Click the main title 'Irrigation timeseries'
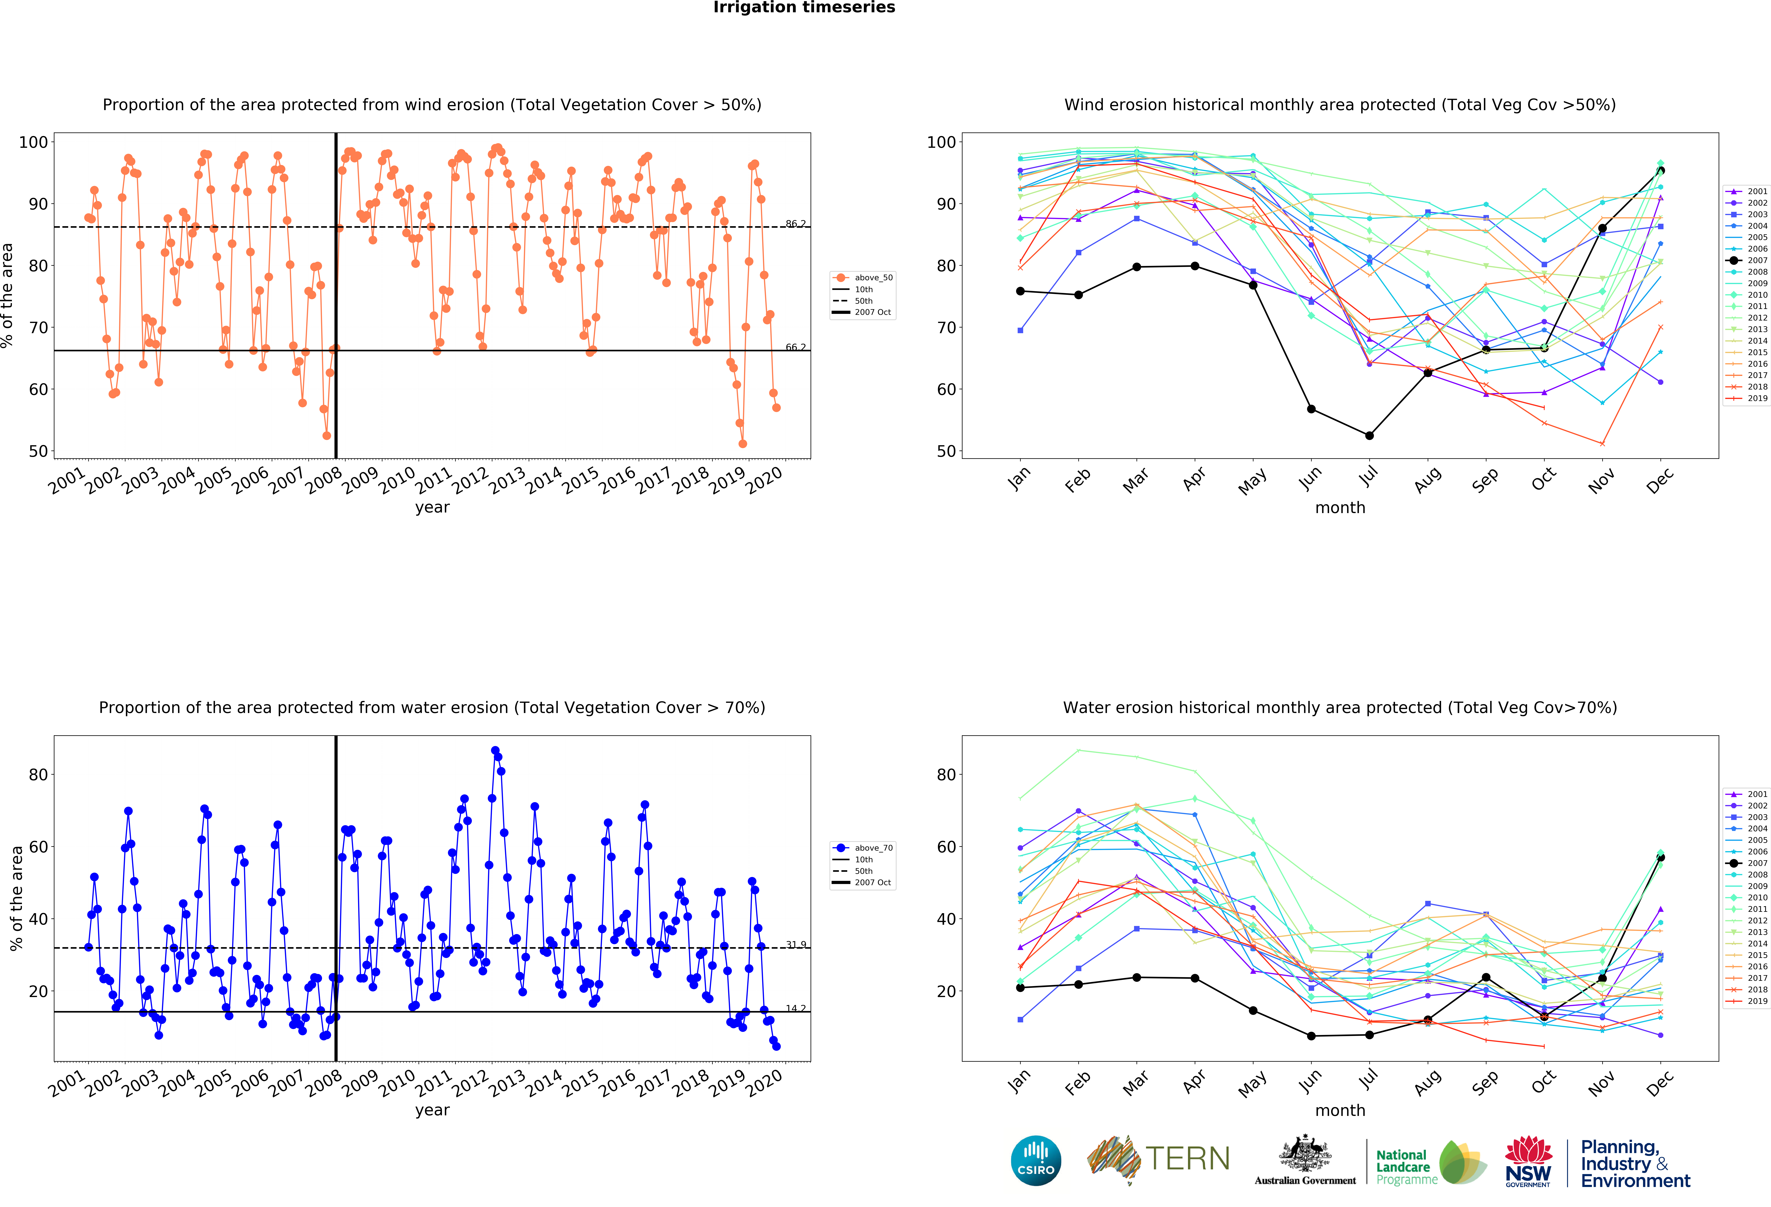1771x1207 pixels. tap(804, 8)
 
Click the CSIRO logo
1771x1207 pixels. tap(1036, 1161)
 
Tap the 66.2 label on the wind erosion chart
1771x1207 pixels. tap(796, 348)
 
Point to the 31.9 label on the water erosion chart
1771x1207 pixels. tap(796, 945)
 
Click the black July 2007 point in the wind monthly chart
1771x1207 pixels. tap(1369, 436)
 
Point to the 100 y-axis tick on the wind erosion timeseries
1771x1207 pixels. tap(33, 142)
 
